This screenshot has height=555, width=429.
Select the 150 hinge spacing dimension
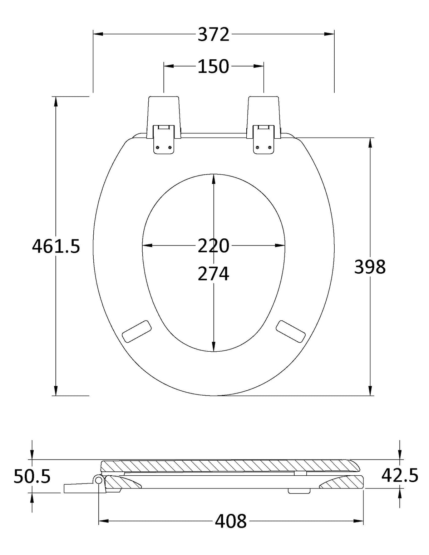[x=213, y=66]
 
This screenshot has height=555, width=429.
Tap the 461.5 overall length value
[x=56, y=246]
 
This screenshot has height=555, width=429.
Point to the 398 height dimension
[x=370, y=267]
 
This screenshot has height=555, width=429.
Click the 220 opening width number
[x=213, y=246]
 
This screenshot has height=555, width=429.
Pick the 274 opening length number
[x=213, y=273]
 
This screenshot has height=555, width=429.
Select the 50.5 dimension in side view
[x=32, y=476]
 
